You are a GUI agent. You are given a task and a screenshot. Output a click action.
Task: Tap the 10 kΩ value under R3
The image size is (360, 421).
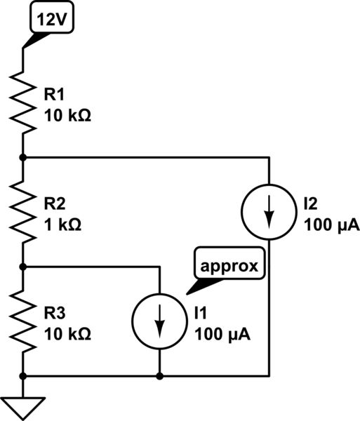tap(67, 333)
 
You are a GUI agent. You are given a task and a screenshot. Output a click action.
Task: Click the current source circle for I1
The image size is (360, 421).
tap(160, 321)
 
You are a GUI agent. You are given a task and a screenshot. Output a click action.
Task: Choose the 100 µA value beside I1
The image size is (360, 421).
tap(222, 333)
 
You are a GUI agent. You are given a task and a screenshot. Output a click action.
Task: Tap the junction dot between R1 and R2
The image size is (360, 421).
tap(23, 158)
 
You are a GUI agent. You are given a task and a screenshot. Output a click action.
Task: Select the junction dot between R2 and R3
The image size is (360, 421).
tap(23, 267)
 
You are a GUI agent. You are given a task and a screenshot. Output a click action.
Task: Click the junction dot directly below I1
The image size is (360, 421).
tap(160, 376)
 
